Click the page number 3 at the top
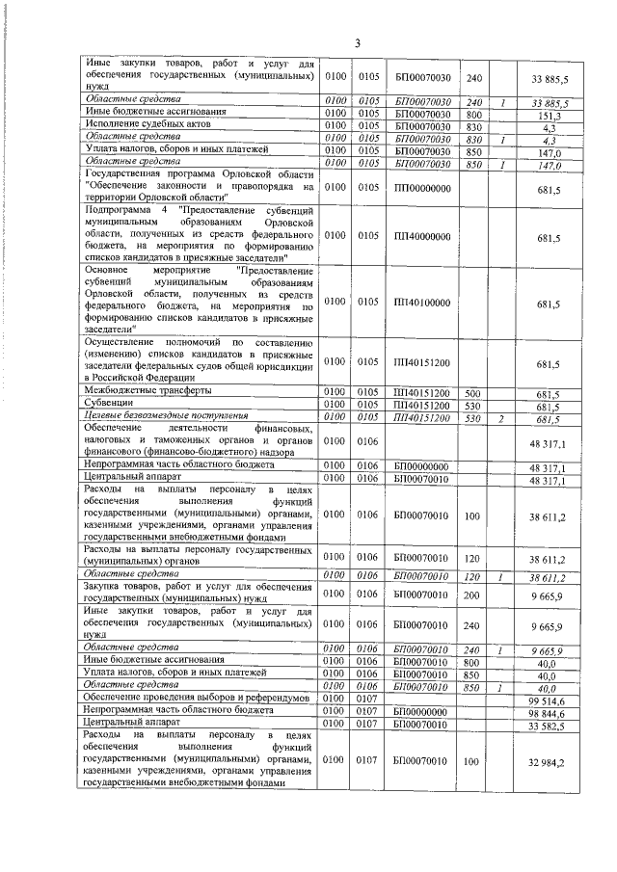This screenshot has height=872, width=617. point(357,42)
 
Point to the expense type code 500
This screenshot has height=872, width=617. point(472,394)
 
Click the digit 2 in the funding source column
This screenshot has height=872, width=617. point(501,417)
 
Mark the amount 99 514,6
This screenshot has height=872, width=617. point(547,699)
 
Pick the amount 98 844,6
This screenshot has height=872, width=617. point(547,710)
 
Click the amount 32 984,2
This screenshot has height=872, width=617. point(547,762)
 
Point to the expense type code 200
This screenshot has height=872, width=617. point(472,594)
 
